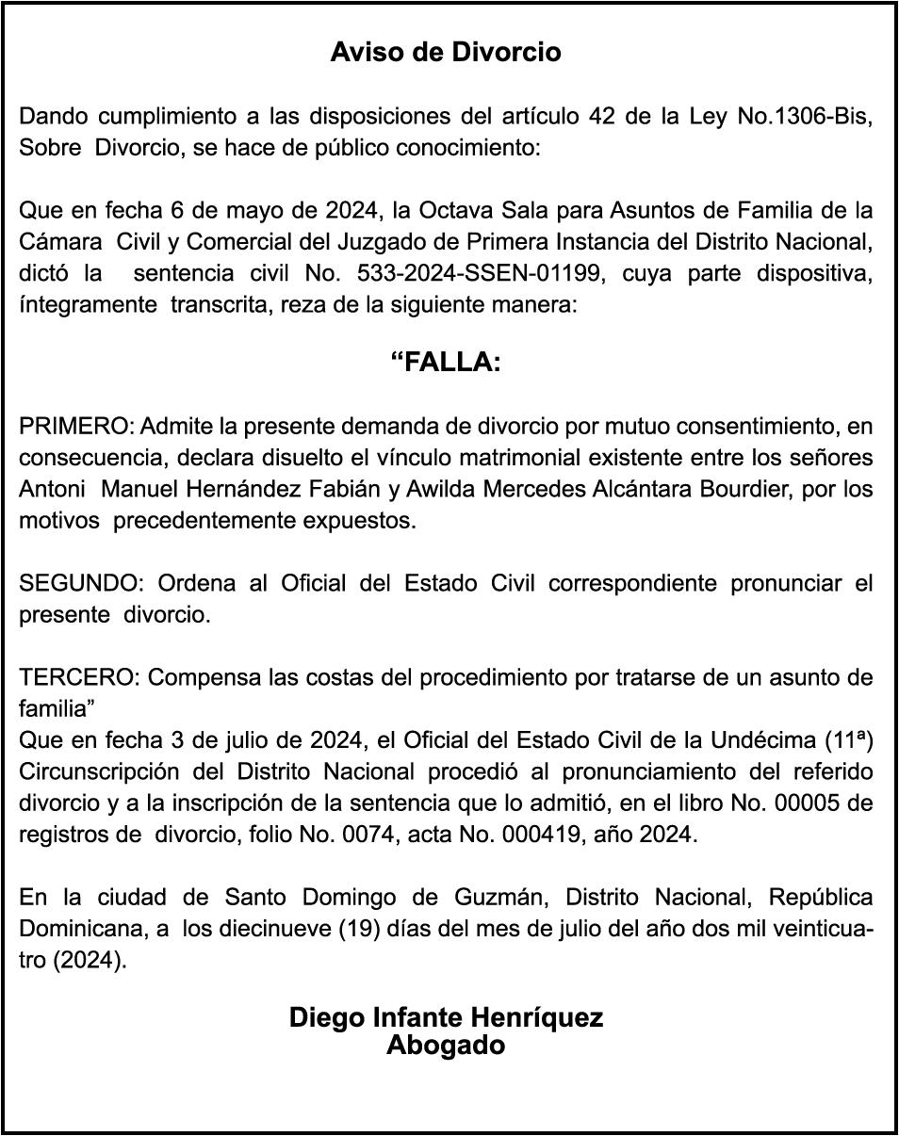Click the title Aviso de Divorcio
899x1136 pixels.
coord(446,53)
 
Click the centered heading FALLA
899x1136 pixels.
coord(446,363)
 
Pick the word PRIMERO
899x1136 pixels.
coord(76,427)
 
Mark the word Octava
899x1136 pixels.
coord(440,209)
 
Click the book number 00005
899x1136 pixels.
coord(818,803)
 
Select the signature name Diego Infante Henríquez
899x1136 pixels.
coord(446,1018)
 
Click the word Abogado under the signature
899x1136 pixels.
coord(446,1046)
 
